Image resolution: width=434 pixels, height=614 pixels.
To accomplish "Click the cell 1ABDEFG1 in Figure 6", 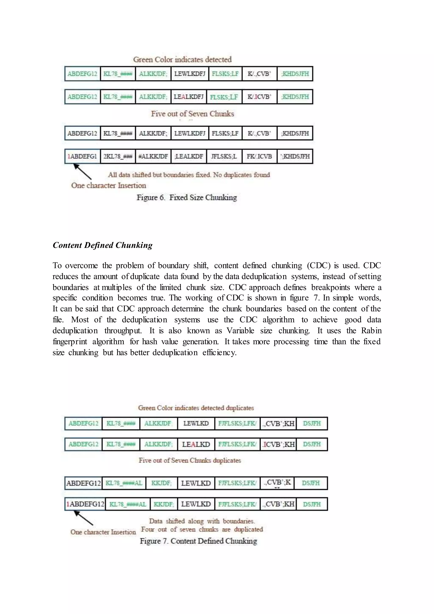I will (82, 156).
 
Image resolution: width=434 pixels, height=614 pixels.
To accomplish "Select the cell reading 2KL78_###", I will (118, 156).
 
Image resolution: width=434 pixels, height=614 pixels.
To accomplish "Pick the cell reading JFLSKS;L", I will (224, 156).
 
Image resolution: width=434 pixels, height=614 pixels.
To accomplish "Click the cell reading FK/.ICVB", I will (259, 156).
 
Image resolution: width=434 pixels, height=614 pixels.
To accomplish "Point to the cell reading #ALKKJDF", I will (153, 156).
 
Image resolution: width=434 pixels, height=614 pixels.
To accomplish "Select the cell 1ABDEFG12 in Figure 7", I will (85, 504).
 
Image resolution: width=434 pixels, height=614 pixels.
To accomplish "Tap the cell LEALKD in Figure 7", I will (196, 444).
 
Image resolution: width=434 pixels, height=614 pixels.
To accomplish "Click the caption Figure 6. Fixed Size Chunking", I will (187, 197).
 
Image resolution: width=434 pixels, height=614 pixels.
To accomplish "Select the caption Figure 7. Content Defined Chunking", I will (198, 541).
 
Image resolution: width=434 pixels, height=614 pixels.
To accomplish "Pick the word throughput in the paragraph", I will (123, 331).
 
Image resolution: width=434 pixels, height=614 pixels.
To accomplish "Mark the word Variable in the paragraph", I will (240, 331).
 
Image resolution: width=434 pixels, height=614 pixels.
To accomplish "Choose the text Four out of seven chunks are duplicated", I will (202, 529).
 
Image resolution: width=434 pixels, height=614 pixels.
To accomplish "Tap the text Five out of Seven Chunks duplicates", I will (190, 460).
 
